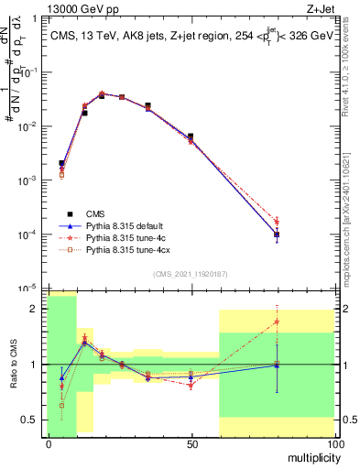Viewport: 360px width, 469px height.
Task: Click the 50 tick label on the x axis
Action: (x=191, y=443)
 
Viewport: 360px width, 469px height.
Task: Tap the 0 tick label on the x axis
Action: (x=48, y=443)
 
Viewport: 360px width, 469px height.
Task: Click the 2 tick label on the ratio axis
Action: (x=37, y=309)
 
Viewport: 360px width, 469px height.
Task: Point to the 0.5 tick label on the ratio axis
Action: (x=32, y=420)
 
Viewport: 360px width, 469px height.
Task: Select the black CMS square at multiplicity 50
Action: (x=191, y=136)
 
